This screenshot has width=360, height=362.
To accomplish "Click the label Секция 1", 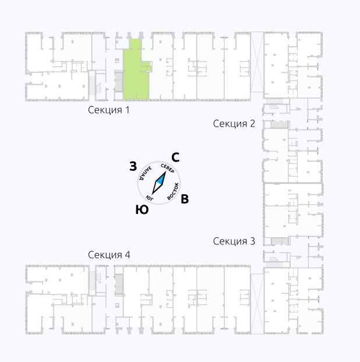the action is [x=109, y=110].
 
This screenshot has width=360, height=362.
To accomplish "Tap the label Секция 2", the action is [x=234, y=124].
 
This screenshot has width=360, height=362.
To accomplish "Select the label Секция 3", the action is [x=234, y=241].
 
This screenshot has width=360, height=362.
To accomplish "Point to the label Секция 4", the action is [x=109, y=255].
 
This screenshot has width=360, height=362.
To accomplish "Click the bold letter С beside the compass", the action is [x=175, y=157].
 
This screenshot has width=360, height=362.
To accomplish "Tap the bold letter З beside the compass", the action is [x=133, y=166].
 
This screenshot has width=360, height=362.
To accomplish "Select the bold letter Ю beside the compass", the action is [x=142, y=210].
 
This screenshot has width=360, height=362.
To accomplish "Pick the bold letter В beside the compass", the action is [x=185, y=199].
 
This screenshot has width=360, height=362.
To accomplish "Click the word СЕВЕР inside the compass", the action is [x=168, y=168].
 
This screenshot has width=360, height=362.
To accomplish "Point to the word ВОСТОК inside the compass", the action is [x=173, y=191].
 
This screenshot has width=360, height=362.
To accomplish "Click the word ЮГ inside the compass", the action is [x=150, y=198].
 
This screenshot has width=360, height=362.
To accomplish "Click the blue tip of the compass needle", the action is [x=165, y=172].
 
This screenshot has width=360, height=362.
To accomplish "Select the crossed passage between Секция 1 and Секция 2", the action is [x=257, y=62].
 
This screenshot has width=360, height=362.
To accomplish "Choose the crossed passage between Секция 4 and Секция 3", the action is [x=257, y=304].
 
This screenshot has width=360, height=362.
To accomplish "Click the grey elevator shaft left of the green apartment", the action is [x=119, y=81].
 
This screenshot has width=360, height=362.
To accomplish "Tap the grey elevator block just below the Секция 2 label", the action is [x=280, y=125].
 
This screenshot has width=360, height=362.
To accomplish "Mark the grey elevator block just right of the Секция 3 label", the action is [x=280, y=241].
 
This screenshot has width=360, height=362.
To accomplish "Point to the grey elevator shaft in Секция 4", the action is [x=119, y=284].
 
